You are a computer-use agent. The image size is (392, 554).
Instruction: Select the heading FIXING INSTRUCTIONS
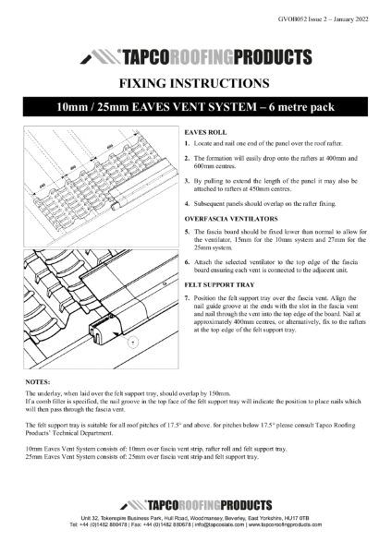click(x=196, y=83)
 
